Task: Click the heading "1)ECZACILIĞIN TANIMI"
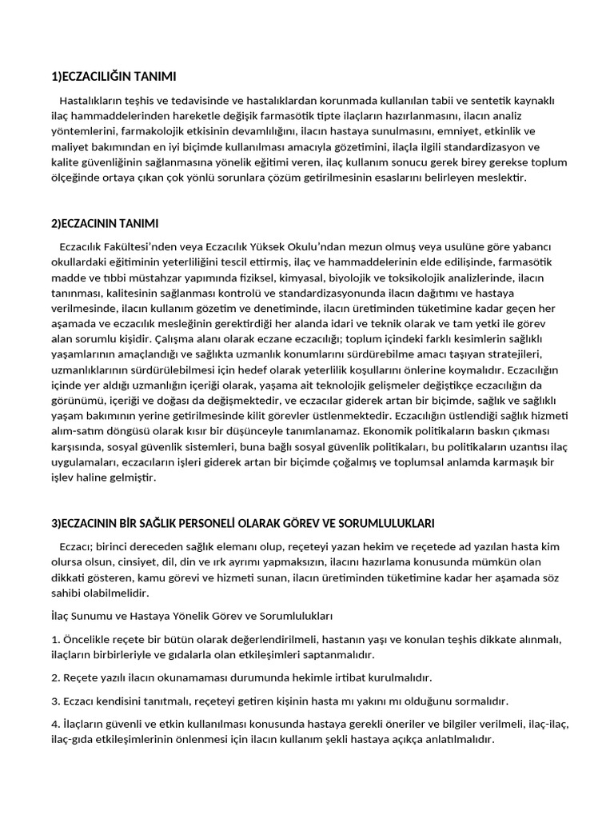point(113,77)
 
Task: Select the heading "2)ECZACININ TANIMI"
point(105,222)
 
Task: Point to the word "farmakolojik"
point(153,130)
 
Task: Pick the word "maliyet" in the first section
point(70,146)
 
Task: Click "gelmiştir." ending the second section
point(133,477)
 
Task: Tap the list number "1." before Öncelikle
point(55,639)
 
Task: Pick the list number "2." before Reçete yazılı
point(55,677)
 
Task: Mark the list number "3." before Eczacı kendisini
point(55,701)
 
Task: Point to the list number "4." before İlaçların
point(55,724)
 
